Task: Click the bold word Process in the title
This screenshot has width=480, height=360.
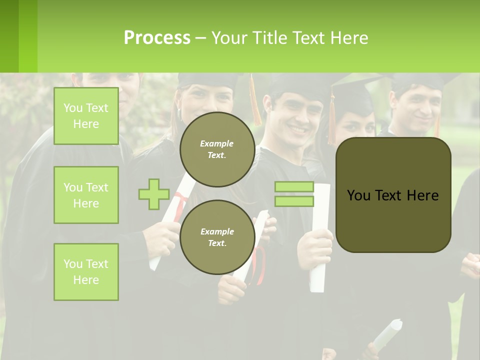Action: (157, 37)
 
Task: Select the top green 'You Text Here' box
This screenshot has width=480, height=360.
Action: (86, 116)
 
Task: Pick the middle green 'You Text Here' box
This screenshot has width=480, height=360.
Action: (86, 195)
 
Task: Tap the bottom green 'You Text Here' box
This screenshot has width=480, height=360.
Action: (86, 272)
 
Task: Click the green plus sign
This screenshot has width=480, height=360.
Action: (154, 194)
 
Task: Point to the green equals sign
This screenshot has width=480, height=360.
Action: (294, 194)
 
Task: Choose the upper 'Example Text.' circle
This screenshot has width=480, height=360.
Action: (217, 149)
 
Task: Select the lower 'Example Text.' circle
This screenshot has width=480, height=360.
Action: (217, 237)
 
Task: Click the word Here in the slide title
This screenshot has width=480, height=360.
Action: (350, 37)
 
